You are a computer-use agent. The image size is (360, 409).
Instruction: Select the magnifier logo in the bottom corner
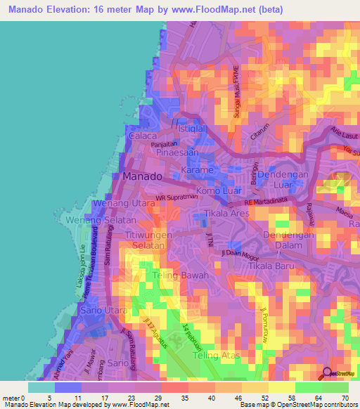point(328,374)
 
